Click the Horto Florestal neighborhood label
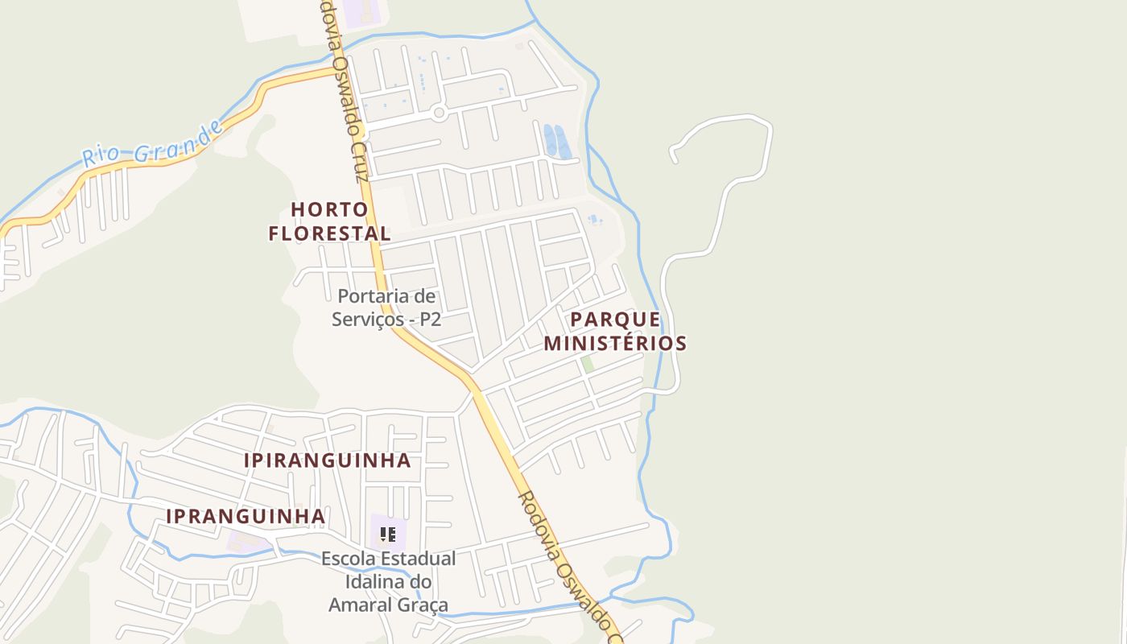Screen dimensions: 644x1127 point(330,221)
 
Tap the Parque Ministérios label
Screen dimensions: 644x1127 point(616,331)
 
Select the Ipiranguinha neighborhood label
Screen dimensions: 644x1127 point(327,460)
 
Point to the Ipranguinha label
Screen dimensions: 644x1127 point(246,516)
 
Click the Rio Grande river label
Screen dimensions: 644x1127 point(152,145)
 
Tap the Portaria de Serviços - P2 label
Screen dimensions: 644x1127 point(387,308)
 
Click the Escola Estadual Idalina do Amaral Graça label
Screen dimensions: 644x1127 point(388,581)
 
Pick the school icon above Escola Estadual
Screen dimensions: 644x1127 point(388,534)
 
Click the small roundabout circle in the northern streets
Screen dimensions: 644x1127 point(439,113)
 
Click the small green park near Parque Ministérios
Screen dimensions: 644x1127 point(588,364)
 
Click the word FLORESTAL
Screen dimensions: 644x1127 point(330,233)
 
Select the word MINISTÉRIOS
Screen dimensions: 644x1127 point(616,343)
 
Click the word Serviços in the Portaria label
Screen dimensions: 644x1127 point(367,319)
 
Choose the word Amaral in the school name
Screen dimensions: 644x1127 point(365,604)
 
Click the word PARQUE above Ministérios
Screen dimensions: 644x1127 point(616,319)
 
